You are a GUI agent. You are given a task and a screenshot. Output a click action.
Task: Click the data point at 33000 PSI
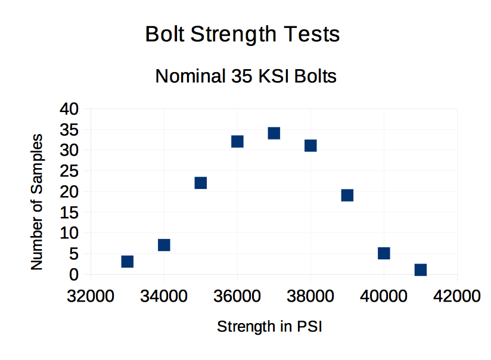tap(127, 262)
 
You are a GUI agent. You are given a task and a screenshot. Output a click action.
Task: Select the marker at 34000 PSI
tap(164, 245)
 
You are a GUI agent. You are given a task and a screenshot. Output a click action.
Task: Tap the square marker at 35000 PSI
tap(200, 182)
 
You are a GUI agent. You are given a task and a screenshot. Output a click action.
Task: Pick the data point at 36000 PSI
tap(237, 141)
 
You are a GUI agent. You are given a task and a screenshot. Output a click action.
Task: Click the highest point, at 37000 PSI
tap(274, 133)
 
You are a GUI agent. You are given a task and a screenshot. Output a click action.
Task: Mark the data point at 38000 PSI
tap(310, 145)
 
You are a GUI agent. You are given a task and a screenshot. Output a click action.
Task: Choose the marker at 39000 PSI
tap(347, 195)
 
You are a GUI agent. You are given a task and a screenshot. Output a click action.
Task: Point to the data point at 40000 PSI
tap(384, 253)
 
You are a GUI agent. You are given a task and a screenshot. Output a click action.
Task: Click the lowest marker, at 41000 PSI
tap(421, 270)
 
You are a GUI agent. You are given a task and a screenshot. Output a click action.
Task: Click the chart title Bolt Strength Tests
tap(243, 35)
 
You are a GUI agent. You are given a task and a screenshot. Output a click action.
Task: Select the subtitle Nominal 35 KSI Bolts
tap(245, 76)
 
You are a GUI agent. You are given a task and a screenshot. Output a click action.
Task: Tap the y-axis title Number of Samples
tap(37, 202)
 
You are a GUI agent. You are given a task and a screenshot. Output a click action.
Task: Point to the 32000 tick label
tap(91, 296)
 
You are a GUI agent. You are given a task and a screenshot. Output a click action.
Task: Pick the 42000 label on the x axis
tap(457, 296)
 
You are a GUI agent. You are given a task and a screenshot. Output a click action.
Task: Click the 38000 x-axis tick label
tap(310, 296)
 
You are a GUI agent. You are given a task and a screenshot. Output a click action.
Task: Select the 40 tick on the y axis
tap(69, 108)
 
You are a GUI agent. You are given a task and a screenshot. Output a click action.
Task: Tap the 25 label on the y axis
tap(69, 171)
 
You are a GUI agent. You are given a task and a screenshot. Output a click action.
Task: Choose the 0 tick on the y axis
tap(74, 275)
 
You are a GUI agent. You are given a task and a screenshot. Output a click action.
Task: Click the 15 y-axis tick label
tap(69, 212)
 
